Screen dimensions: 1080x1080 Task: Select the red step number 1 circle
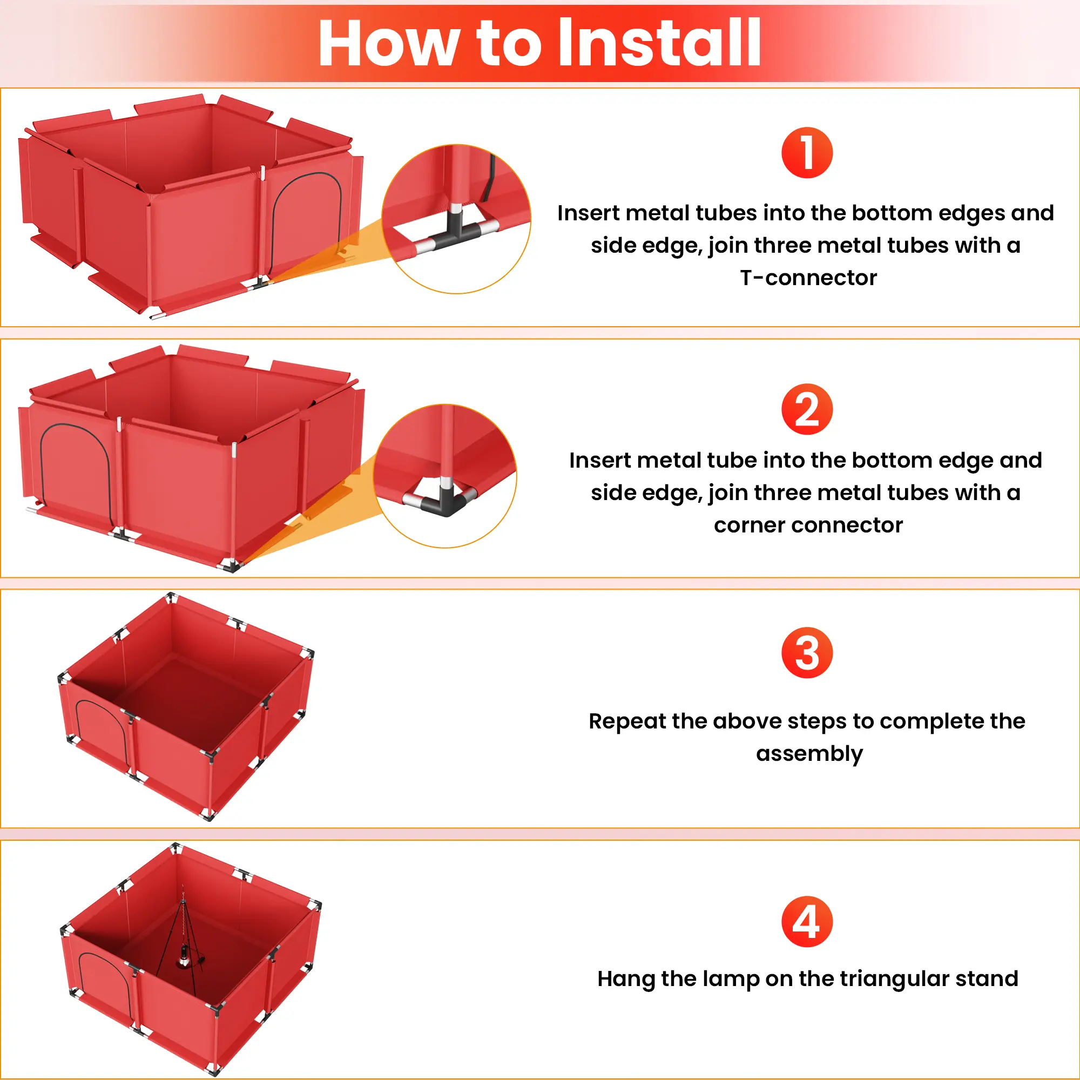(x=807, y=153)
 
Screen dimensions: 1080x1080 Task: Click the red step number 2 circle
(x=807, y=409)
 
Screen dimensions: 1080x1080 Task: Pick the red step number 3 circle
(x=807, y=652)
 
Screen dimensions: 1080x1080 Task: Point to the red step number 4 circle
(x=807, y=921)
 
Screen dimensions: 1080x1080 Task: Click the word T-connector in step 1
(x=808, y=278)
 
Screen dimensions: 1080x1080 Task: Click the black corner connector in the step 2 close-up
(x=444, y=501)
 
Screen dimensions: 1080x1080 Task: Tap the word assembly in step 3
(x=809, y=754)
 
